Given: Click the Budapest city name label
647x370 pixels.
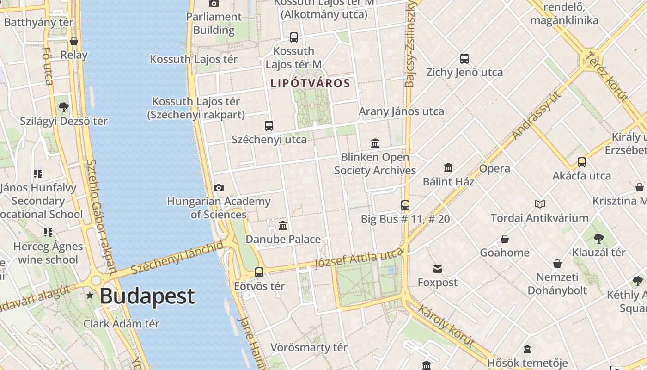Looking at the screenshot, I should [147, 296].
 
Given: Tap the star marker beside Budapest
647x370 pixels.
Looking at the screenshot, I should [90, 295].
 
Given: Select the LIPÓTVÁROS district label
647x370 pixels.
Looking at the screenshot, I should [310, 83].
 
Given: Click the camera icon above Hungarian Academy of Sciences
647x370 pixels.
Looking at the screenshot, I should [219, 188].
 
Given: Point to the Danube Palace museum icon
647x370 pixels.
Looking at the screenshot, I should [283, 226].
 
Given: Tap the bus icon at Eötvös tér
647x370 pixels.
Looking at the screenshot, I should [259, 272].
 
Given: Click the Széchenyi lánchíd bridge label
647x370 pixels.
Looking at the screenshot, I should [177, 259].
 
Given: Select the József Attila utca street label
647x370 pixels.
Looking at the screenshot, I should [359, 258].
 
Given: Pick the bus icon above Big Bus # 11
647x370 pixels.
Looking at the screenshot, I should [405, 205].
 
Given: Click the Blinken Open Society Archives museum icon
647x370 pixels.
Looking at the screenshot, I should [375, 143].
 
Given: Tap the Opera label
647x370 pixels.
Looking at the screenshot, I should [494, 168].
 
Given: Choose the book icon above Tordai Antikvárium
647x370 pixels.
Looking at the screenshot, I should [539, 204].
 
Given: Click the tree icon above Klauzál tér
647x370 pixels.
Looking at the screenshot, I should [598, 239].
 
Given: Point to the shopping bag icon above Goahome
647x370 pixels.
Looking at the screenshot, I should [505, 239].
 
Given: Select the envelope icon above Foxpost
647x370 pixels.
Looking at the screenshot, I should [438, 269].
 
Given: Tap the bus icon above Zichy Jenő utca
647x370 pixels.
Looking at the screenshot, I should [464, 59].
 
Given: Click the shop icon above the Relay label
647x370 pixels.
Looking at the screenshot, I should [74, 42].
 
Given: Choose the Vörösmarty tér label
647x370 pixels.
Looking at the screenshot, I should [309, 347].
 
